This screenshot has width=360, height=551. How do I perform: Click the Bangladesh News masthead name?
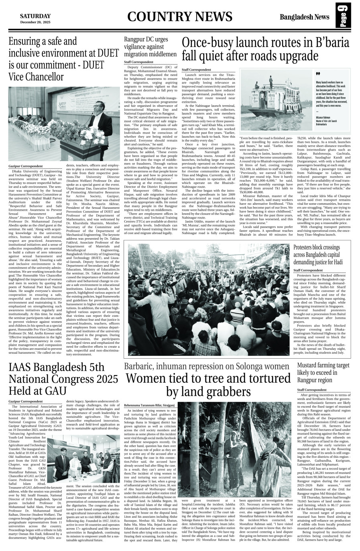(305, 17)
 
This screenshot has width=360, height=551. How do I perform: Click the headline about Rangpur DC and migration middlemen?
(150, 47)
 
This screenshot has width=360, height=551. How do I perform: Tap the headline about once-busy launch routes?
(266, 49)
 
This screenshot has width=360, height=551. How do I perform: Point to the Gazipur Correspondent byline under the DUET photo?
(25, 166)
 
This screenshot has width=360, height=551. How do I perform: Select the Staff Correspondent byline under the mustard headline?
(312, 390)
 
